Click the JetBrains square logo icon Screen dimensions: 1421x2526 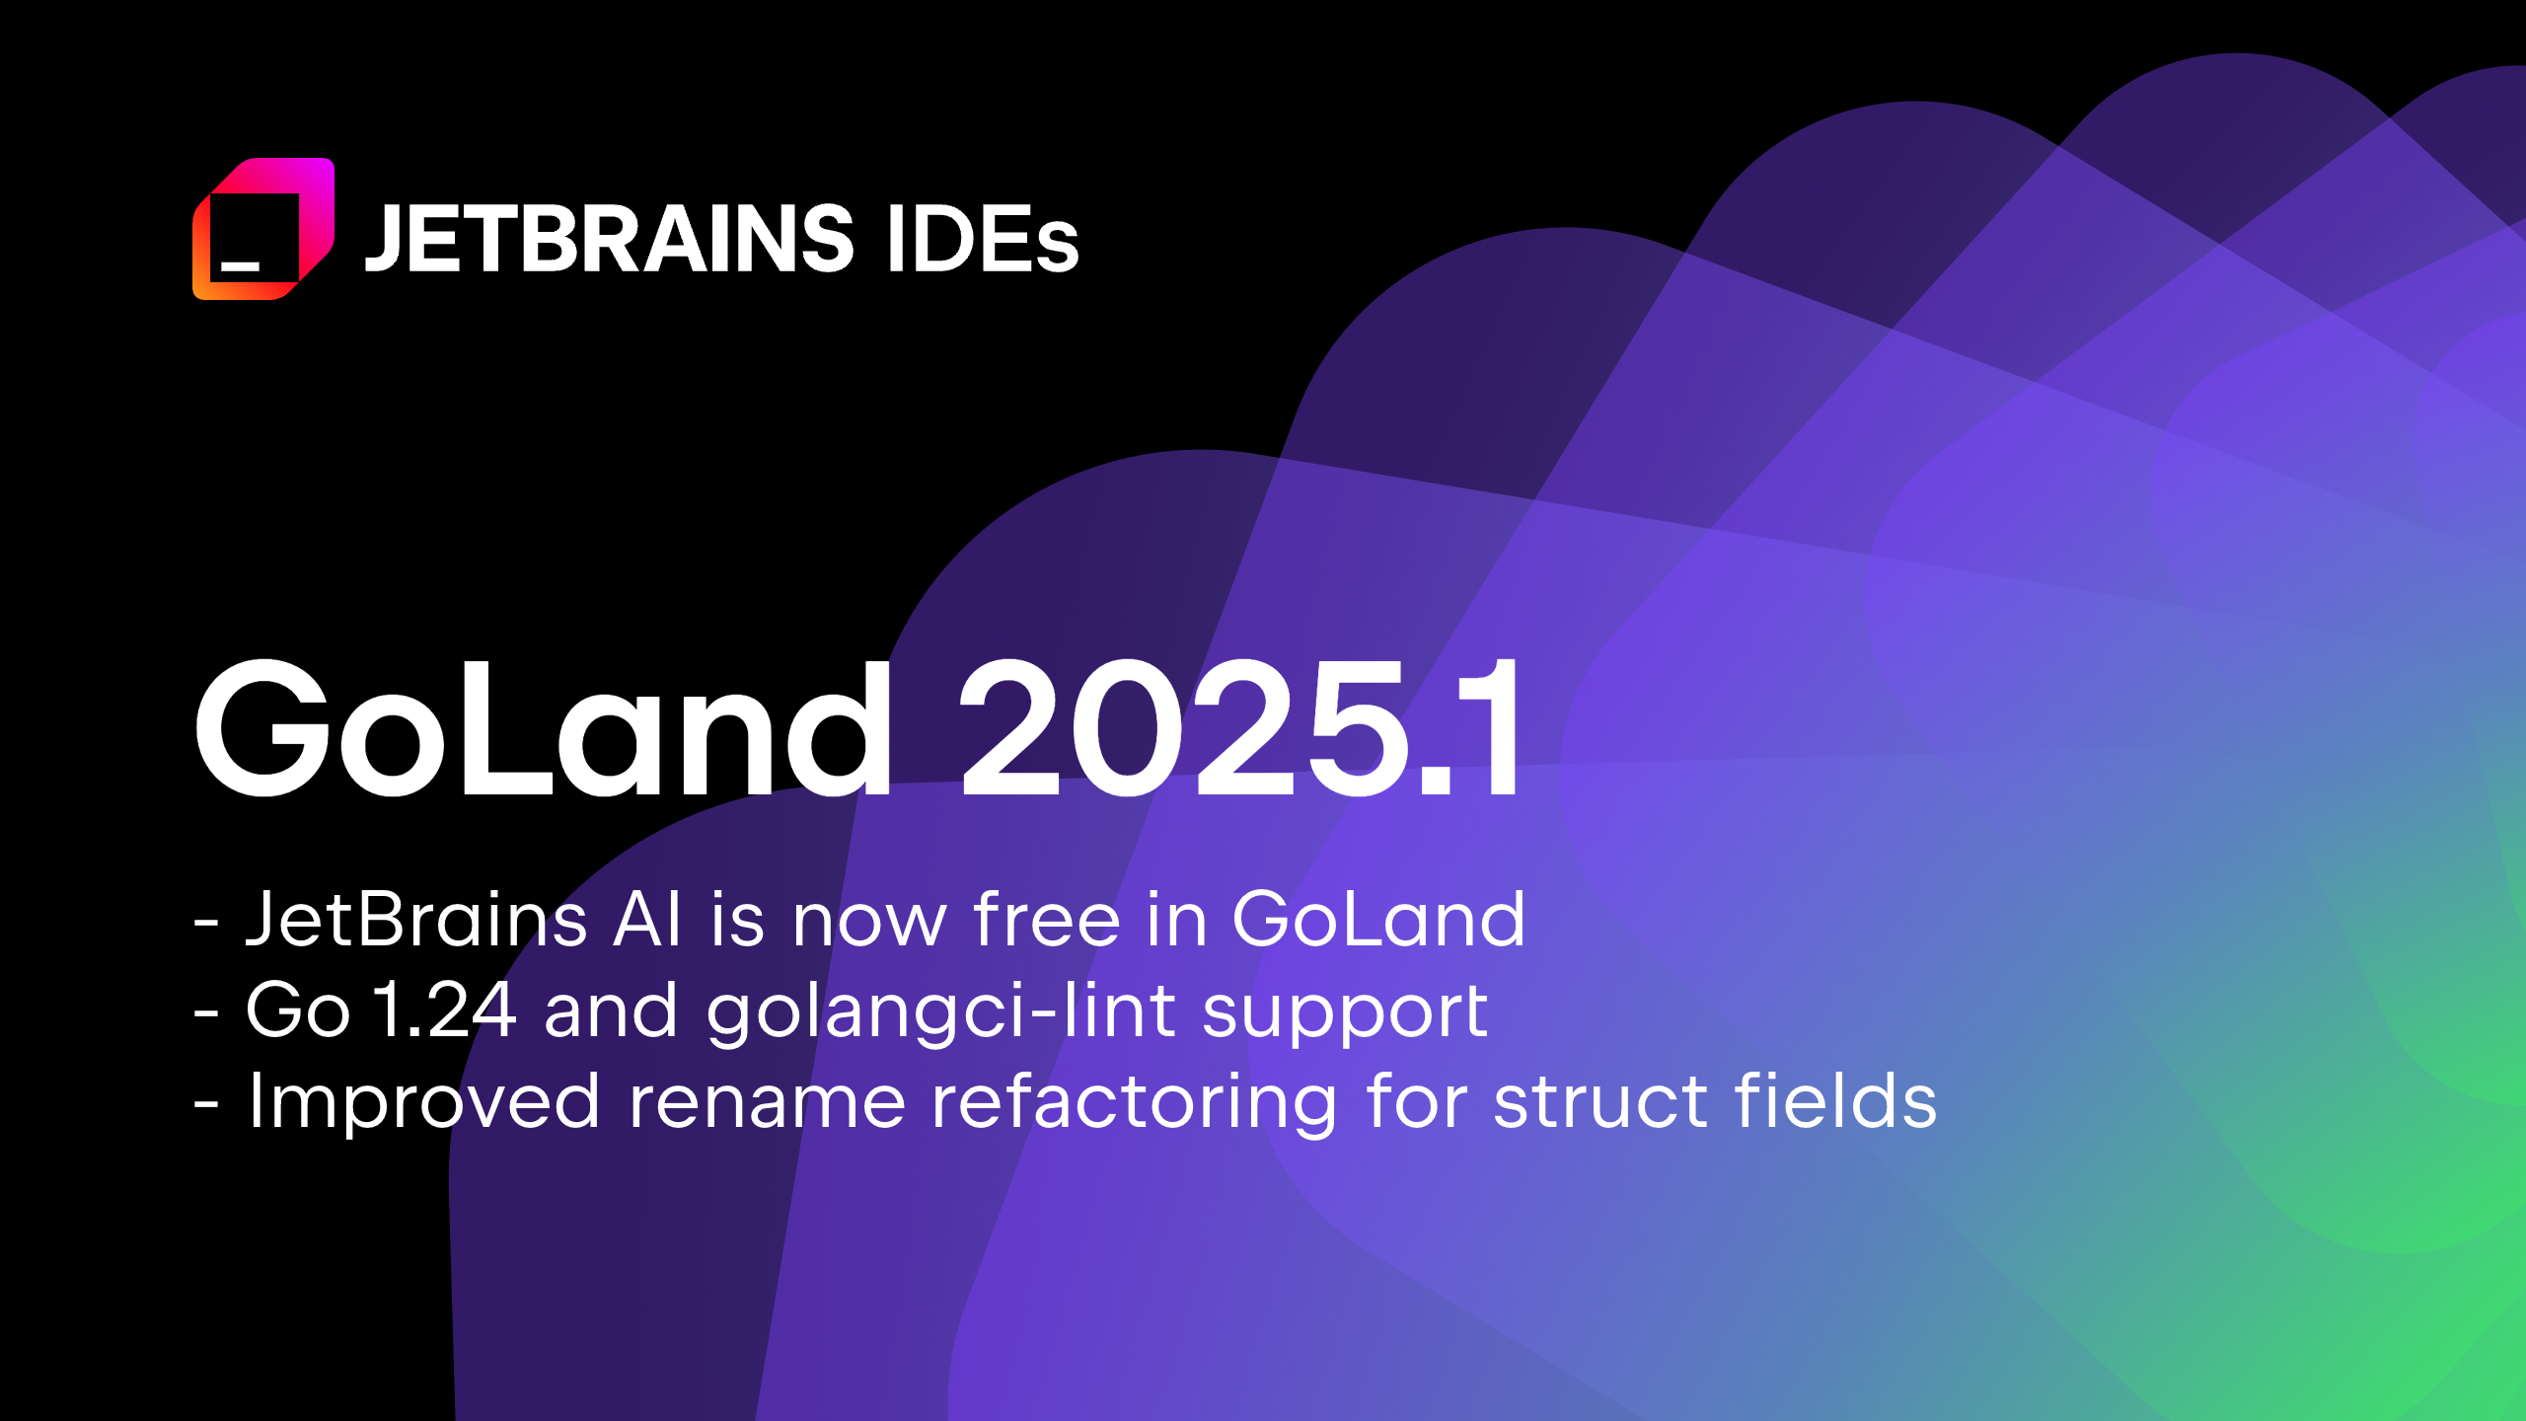(x=263, y=229)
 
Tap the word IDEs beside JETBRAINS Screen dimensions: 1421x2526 (x=983, y=238)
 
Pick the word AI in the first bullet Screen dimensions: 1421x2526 (x=646, y=919)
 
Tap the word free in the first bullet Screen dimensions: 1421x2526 (x=1046, y=919)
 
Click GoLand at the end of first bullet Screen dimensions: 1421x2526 (x=1378, y=919)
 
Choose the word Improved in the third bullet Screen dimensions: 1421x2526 (x=424, y=1102)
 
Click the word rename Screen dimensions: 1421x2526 (x=767, y=1102)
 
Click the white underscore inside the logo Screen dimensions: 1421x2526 (x=240, y=265)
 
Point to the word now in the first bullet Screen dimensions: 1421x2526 (x=869, y=921)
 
